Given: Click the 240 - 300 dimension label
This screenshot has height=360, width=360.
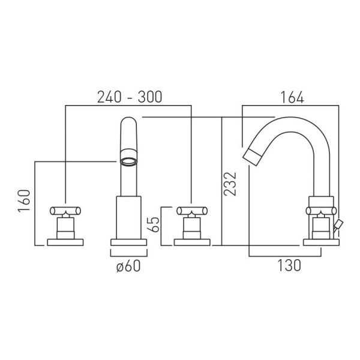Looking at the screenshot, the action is point(130,97).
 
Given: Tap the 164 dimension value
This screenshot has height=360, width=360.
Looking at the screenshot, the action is point(292,97).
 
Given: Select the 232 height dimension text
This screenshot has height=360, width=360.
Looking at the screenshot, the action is point(230,184).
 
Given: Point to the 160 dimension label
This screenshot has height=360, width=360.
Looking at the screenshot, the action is point(25,200).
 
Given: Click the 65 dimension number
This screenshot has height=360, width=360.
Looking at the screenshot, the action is point(154,224).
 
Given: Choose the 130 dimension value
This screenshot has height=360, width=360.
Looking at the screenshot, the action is point(289,265).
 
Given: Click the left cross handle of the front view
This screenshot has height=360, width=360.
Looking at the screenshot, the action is point(65,211).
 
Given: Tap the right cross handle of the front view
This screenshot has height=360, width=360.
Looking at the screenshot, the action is point(192,211).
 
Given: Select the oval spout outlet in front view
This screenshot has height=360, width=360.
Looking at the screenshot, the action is point(129,161).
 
